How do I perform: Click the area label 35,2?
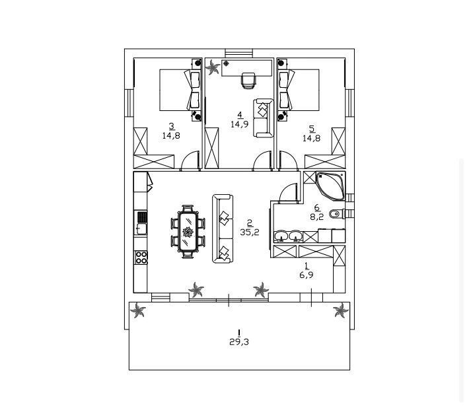click(250, 232)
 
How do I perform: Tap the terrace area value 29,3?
click(239, 342)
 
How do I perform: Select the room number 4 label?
click(240, 115)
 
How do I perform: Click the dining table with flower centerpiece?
click(188, 232)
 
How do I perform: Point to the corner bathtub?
click(331, 186)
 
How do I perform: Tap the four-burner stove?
click(141, 257)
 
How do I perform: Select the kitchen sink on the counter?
click(141, 228)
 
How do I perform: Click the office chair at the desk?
click(248, 81)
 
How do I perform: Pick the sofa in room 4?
click(263, 118)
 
